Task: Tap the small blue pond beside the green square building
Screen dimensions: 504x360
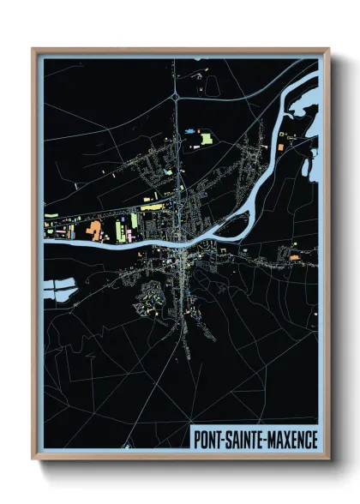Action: pos(190,131)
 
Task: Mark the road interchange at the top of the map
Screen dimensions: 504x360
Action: pos(175,99)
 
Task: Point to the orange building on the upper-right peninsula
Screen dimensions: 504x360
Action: pos(289,137)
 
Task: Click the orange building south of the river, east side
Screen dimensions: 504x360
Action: pos(293,255)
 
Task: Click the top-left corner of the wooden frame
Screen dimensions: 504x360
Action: pos(33,50)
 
